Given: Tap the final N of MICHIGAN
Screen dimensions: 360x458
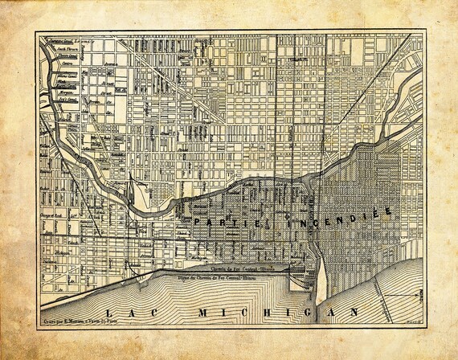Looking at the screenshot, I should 353,310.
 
